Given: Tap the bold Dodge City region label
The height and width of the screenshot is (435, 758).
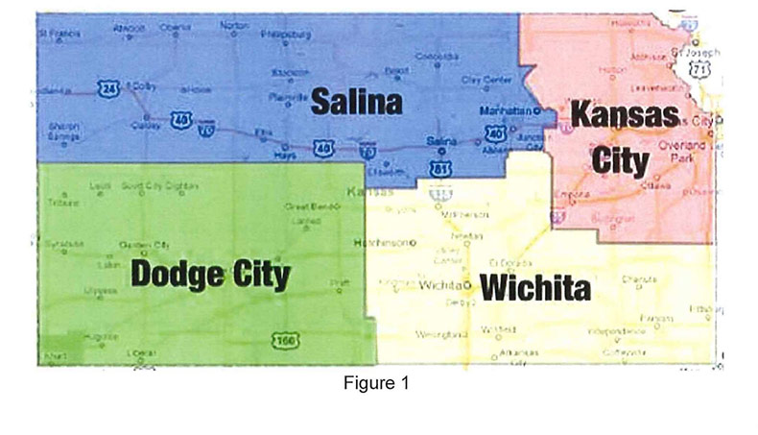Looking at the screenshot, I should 210,275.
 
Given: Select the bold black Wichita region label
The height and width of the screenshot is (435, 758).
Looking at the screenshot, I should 534,286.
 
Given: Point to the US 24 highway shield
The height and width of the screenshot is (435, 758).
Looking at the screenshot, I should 106,88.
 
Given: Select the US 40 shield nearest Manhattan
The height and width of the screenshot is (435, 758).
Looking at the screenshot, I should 496,135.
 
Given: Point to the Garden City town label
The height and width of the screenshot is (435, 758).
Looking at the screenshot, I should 144,245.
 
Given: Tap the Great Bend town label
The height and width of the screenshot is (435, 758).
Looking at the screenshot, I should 303,206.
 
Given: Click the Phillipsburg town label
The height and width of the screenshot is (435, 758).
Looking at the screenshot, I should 293,35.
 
